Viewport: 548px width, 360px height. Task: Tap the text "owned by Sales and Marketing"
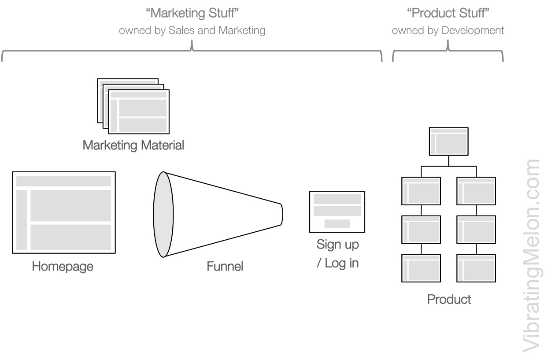pos(192,31)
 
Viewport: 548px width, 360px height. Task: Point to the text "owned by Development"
pos(448,31)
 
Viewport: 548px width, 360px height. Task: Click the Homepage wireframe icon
pos(64,212)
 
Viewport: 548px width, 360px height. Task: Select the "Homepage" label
pos(62,267)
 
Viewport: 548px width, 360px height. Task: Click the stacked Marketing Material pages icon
pos(133,105)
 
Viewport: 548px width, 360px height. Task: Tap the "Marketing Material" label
pos(133,145)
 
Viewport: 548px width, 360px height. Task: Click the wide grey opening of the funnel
pos(162,215)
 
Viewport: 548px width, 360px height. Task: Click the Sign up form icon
pos(337,212)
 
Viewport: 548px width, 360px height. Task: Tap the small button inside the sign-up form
pos(337,224)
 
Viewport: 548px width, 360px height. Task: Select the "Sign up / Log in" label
pos(338,254)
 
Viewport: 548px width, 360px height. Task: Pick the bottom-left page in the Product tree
pos(421,268)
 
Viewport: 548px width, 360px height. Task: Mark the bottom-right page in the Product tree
pos(476,268)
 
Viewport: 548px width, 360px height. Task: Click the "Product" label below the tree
pos(449,300)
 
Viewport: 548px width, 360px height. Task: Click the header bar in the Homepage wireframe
pos(64,181)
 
